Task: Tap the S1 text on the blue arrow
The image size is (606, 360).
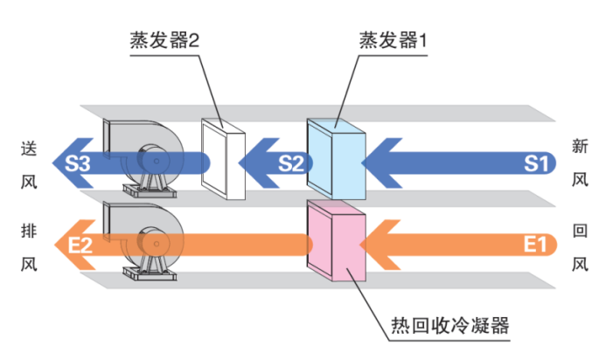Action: [537, 163]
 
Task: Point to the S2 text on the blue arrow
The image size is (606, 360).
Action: [291, 163]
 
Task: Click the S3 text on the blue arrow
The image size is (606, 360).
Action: [79, 163]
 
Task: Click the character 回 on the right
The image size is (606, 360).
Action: [579, 232]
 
